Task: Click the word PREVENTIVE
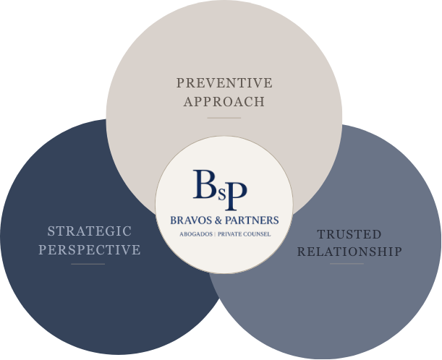coord(224,83)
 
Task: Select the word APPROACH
coord(224,101)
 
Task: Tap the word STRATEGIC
coord(90,231)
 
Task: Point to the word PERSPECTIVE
coord(90,249)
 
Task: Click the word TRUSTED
coord(349,234)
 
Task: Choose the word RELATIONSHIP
coord(349,252)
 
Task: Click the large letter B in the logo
coord(205,184)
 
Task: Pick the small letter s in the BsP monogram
coord(222,194)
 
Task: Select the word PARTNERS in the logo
coord(252,220)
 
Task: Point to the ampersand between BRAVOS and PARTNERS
coord(218,220)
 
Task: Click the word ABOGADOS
coord(196,234)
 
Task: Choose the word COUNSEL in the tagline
coord(257,234)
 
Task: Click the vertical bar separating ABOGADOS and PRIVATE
coord(215,234)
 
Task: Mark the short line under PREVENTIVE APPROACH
coord(224,118)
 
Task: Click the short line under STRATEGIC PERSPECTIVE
coord(88,265)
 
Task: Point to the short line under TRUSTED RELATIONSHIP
coord(347,264)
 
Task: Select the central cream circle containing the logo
coord(224,254)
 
